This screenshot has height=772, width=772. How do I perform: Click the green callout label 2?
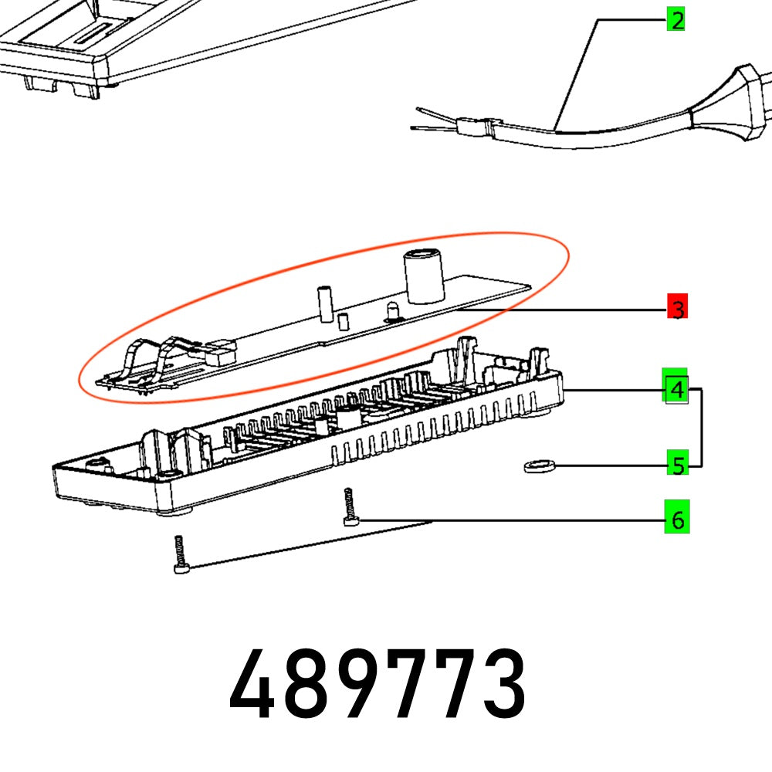pos(676,20)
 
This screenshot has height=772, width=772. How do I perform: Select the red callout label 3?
pos(677,310)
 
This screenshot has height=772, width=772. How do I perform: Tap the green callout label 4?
pos(676,389)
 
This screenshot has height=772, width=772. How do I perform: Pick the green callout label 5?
pos(677,466)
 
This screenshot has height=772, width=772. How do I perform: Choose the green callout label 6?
pos(677,520)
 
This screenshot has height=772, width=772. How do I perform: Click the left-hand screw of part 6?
pos(180,556)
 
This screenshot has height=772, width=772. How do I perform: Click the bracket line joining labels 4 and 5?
pos(700,428)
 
